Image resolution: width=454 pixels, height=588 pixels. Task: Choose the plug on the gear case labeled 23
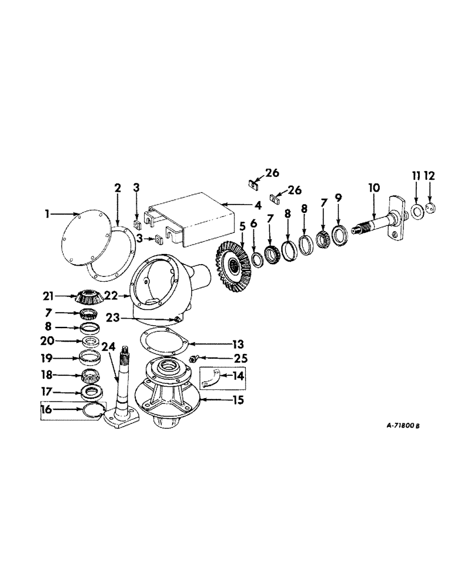pyautogui.click(x=175, y=319)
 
